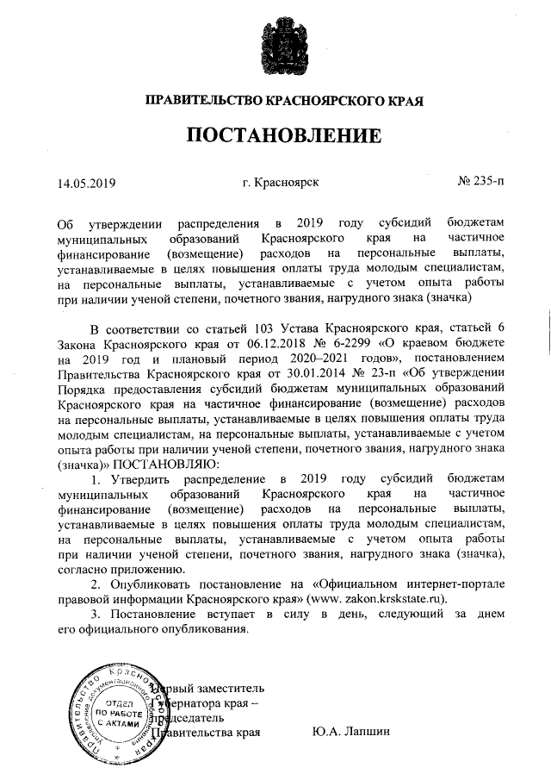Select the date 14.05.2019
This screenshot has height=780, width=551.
point(86,184)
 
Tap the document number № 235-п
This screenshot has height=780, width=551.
point(482,183)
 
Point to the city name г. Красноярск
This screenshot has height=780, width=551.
point(282,183)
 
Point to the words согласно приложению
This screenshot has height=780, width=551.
point(120,567)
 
